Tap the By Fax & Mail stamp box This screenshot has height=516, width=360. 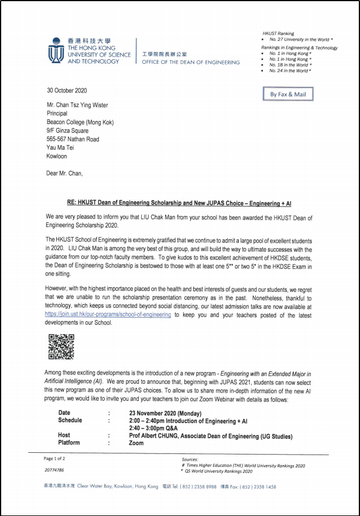click(288, 94)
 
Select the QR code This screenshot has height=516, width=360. click(61, 346)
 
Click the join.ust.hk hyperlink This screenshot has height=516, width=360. click(108, 314)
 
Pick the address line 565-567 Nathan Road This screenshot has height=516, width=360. click(73, 139)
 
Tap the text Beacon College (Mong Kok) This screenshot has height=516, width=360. click(80, 122)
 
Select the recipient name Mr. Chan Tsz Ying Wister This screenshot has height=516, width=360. click(77, 105)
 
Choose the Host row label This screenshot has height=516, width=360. click(64, 435)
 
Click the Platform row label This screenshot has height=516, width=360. click(69, 443)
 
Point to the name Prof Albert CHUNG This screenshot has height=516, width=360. click(157, 436)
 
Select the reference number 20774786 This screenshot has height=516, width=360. click(54, 470)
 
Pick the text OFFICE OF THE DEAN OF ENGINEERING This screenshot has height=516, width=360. click(191, 63)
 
